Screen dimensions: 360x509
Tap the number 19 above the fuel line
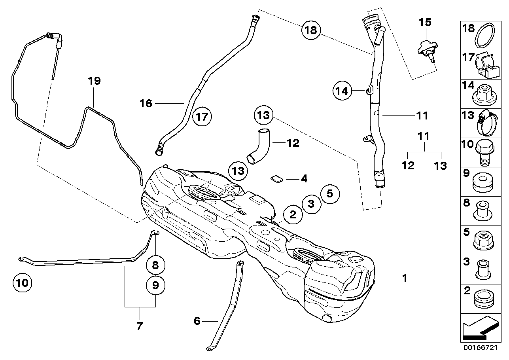click(95, 81)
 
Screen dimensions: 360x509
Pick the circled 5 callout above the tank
click(330, 193)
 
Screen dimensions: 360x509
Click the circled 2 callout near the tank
click(293, 215)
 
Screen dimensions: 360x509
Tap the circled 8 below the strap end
click(155, 265)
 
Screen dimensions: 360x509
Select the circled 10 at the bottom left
click(23, 282)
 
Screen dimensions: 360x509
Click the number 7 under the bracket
click(139, 326)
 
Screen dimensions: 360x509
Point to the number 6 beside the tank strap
click(197, 321)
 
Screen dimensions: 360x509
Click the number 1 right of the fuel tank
click(404, 279)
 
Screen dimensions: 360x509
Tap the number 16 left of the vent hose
click(146, 103)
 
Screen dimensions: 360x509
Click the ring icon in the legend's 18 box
click(486, 36)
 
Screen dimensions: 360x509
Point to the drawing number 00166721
click(480, 348)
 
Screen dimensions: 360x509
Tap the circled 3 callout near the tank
click(311, 204)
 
